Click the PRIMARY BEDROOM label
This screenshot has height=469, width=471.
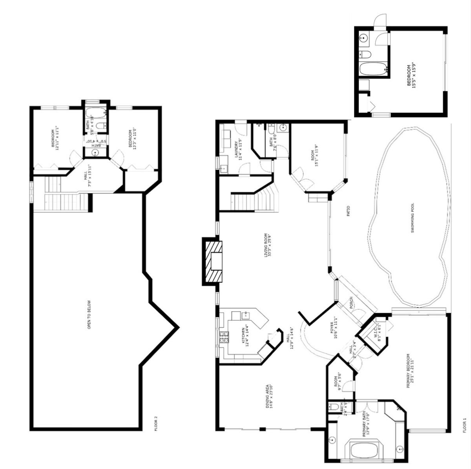click(x=411, y=371)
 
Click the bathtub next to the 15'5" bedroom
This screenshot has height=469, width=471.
click(x=373, y=69)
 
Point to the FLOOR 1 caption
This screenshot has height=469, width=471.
click(x=465, y=425)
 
